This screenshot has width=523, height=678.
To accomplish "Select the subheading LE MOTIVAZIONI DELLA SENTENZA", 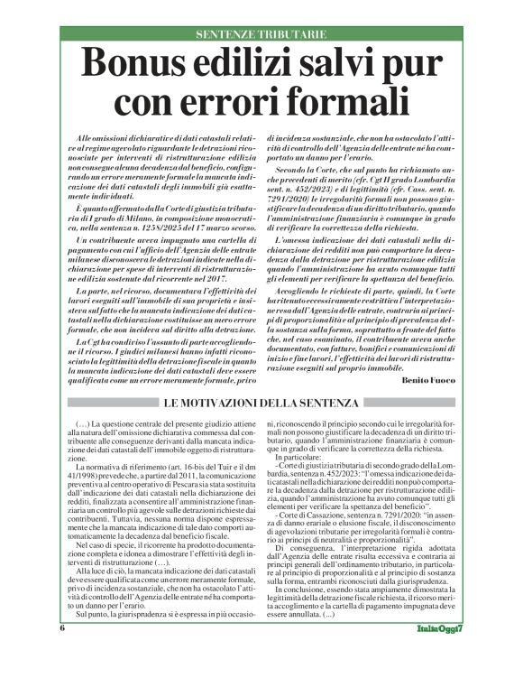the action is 261,403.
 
